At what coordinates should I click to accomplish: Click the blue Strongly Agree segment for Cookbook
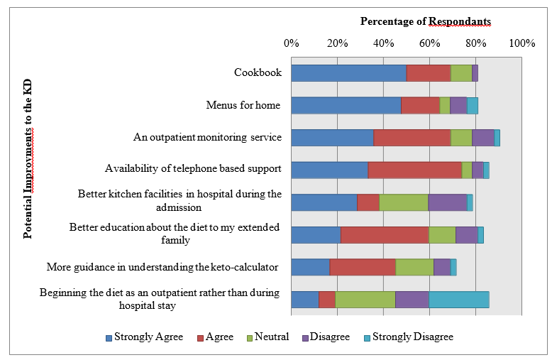348,73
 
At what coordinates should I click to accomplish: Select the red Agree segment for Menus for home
420,106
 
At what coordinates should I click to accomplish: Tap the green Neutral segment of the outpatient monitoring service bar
461,138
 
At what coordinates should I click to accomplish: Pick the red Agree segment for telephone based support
414,170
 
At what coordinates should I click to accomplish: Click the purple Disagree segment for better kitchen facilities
447,202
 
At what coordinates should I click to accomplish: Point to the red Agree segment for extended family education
385,235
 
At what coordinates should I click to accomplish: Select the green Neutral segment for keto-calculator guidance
414,267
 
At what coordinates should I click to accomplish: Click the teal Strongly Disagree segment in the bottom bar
458,300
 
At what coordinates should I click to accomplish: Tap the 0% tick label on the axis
291,44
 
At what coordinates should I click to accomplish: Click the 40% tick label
384,44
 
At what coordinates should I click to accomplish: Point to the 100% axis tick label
521,44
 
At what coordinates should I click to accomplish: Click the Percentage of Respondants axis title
426,21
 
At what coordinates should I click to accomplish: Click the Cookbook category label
258,73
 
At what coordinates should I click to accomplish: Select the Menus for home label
243,106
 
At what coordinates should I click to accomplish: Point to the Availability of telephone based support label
193,169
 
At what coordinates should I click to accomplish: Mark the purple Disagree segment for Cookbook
475,73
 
